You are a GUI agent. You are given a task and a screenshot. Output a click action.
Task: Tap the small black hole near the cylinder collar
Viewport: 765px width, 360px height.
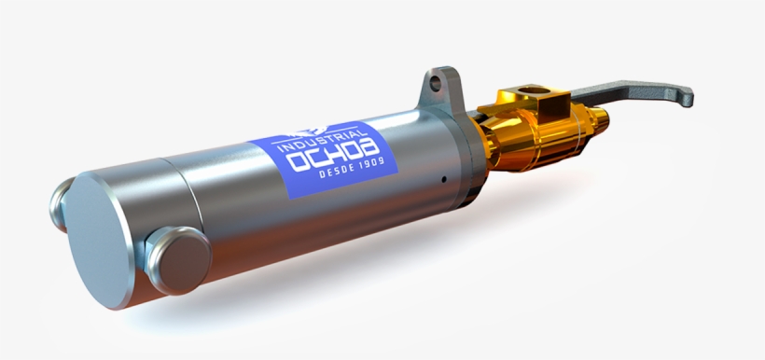444,179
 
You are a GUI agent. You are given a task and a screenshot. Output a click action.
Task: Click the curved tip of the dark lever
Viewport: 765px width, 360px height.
688,94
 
